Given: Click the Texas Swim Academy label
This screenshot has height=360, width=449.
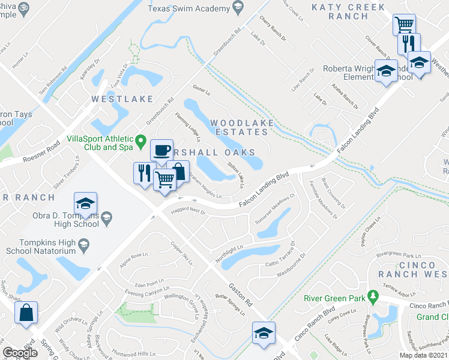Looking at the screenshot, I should pyautogui.click(x=188, y=8).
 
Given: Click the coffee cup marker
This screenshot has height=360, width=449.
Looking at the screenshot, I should pyautogui.click(x=161, y=150).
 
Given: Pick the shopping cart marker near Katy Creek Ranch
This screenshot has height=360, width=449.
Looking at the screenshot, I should pyautogui.click(x=405, y=26).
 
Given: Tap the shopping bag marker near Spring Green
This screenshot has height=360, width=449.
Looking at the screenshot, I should pyautogui.click(x=26, y=312).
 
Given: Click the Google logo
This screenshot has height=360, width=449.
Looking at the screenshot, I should pyautogui.click(x=20, y=353).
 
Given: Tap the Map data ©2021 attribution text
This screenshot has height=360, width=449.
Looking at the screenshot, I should pyautogui.click(x=424, y=355).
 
